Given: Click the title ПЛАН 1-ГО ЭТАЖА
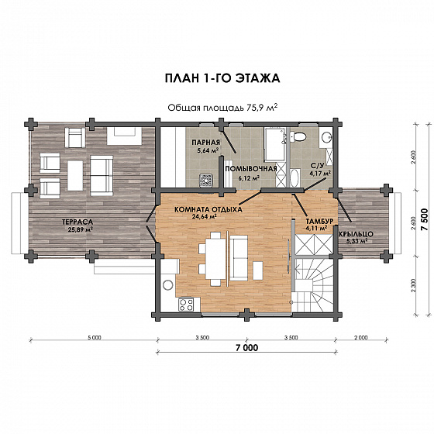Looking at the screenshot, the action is [222, 78].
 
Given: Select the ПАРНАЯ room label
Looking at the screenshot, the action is [205, 143].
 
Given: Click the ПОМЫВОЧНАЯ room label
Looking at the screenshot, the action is [251, 169].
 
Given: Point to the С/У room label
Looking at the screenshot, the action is [317, 166].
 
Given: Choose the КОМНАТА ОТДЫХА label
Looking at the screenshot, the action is [208, 209].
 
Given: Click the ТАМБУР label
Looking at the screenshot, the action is [319, 221].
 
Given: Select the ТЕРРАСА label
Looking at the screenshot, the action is [77, 222].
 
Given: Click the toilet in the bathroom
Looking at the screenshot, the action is [298, 136].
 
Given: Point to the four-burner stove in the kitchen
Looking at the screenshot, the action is [186, 305].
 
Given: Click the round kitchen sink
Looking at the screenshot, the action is [167, 285].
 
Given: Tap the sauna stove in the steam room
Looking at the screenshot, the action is [206, 181].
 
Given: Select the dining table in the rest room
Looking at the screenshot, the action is [215, 259].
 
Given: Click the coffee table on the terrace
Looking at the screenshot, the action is [75, 176].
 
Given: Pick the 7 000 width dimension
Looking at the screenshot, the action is [247, 348].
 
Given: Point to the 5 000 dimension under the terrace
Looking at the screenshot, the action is [94, 338].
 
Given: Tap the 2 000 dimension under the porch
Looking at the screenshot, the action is [361, 338].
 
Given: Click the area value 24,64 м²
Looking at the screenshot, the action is [204, 217].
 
